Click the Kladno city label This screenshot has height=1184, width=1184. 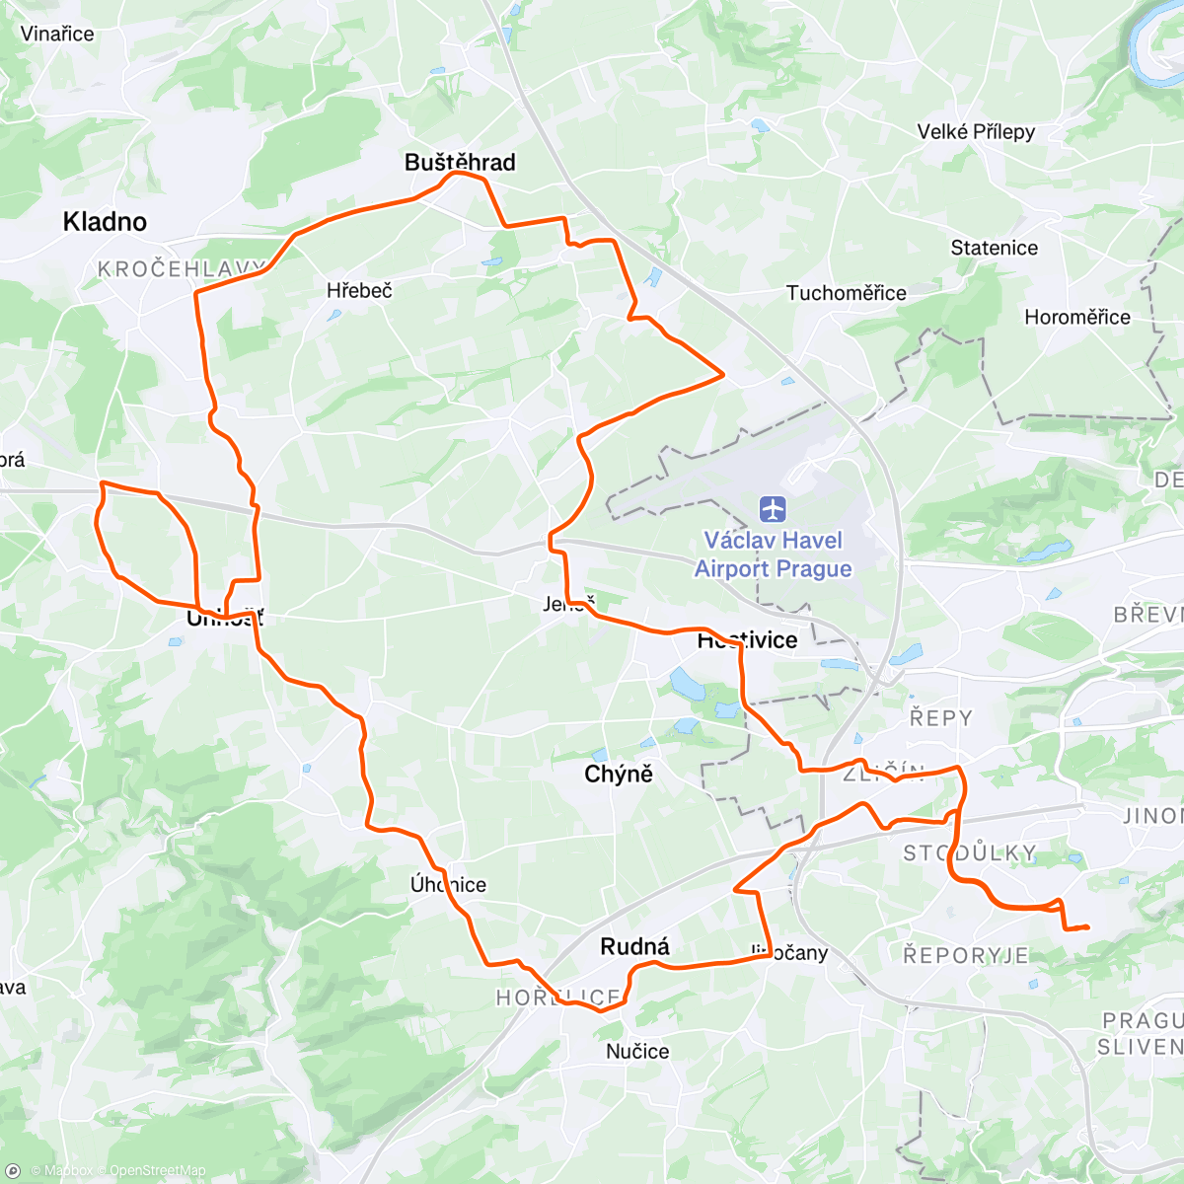tap(105, 222)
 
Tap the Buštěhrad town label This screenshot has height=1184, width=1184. tap(460, 163)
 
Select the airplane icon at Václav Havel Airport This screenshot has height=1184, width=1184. tap(774, 510)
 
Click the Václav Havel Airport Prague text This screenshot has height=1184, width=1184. tap(774, 555)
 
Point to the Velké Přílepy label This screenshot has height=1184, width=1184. tap(976, 132)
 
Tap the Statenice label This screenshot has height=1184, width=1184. tap(994, 249)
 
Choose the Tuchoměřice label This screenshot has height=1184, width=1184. tap(846, 293)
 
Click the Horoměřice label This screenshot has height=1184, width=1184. tap(1076, 318)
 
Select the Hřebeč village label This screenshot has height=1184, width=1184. tap(359, 291)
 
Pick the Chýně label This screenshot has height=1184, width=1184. tap(619, 775)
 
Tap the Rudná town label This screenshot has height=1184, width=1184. tap(634, 947)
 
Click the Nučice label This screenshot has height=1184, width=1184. tap(637, 1052)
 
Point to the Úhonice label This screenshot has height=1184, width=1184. tap(449, 885)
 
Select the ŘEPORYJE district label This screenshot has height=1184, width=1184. tap(966, 955)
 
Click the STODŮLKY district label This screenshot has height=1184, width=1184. tap(969, 853)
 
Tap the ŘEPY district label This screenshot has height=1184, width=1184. tap(940, 718)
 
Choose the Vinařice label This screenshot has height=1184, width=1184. tap(57, 35)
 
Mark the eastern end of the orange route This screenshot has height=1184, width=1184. tap(1087, 926)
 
